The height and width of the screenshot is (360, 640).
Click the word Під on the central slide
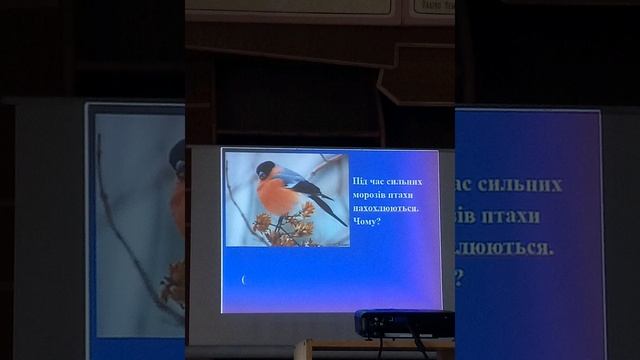click(x=361, y=181)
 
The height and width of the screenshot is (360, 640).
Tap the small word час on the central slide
click(x=377, y=181)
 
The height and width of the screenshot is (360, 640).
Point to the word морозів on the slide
click(x=372, y=194)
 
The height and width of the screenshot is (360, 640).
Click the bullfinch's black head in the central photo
click(x=265, y=169)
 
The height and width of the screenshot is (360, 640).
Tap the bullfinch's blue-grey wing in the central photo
click(x=296, y=181)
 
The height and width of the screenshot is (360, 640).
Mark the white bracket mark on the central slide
click(x=243, y=280)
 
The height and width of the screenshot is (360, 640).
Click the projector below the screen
click(x=404, y=323)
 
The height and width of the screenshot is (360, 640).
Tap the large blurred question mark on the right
click(x=460, y=278)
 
